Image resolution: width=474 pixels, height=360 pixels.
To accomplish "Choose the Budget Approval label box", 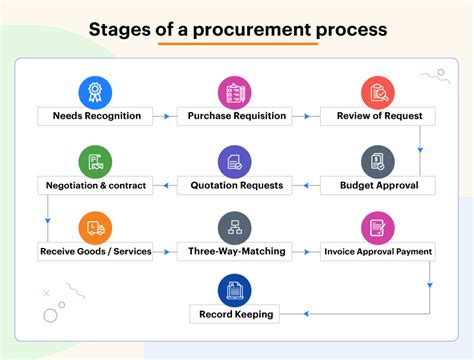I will pyautogui.click(x=377, y=184).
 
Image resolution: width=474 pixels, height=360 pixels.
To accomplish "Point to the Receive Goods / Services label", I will pyautogui.click(x=95, y=251).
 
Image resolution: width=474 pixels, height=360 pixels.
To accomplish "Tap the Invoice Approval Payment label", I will pyautogui.click(x=377, y=251).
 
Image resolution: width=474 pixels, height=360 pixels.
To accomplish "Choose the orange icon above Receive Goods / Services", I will pyautogui.click(x=95, y=227).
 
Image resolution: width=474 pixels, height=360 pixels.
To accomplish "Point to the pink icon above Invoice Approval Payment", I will pyautogui.click(x=377, y=227).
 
